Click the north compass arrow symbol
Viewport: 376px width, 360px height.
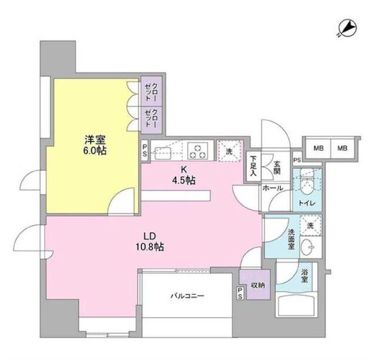pos(347,27)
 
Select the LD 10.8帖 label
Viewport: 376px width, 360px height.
pos(150,243)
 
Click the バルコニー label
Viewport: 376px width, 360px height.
pos(187,296)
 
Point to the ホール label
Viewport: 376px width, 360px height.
pos(273,188)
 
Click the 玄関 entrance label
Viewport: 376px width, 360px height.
pos(277,167)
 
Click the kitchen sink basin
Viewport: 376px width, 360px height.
pos(163,152)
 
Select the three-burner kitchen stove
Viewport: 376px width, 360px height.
pos(198,151)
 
